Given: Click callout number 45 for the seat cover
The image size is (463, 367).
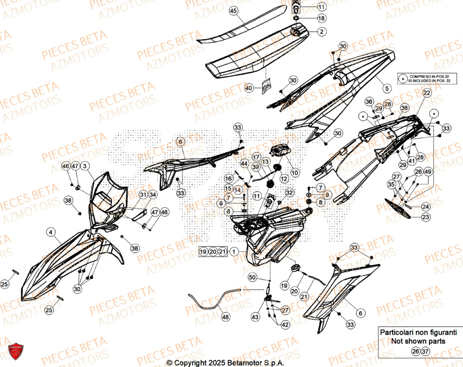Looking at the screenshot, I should coord(233,11).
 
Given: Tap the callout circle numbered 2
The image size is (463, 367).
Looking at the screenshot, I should coord(321,32).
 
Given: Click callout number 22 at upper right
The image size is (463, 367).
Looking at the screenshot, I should coord(426,93).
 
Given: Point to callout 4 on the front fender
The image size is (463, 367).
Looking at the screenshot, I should coord(51,232).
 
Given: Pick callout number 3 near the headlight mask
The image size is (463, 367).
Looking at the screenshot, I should coord(86,165).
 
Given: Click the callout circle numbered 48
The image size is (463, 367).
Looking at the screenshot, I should coord(225,317).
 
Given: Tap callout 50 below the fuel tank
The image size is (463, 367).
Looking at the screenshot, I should coord(252,277).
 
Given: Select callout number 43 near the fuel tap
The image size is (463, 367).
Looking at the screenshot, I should coord(255,317).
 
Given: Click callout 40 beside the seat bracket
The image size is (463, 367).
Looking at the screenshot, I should coord(249,88).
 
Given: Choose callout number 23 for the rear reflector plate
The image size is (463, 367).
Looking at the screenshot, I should coord(425,216).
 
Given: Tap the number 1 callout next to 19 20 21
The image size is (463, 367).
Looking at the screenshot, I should coord(235,252).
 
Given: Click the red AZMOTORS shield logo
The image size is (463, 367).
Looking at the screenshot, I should coord(16,353).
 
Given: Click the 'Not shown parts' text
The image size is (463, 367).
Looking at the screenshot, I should coord(418,342).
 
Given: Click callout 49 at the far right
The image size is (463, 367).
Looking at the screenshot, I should coord(428,172).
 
